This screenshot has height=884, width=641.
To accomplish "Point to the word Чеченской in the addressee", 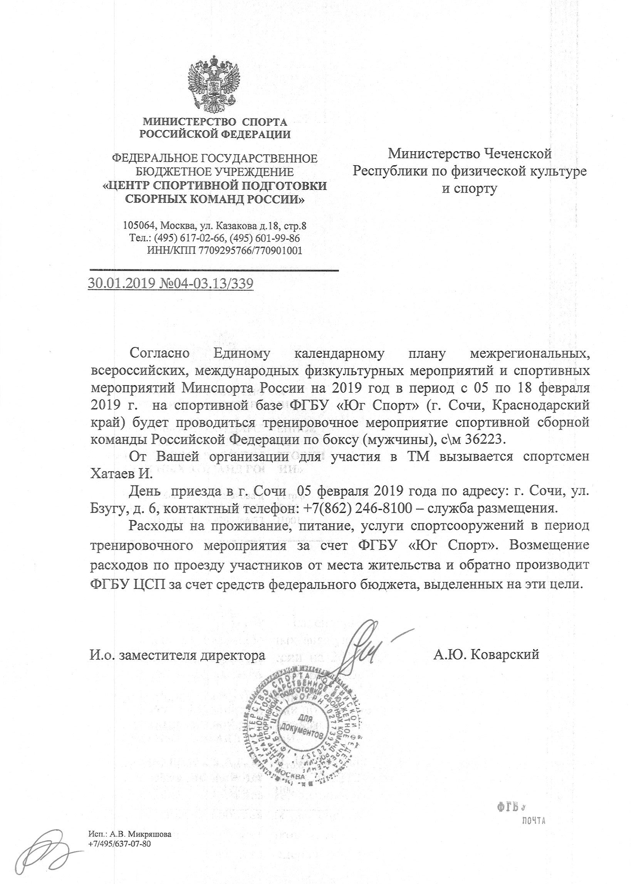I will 517,154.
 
